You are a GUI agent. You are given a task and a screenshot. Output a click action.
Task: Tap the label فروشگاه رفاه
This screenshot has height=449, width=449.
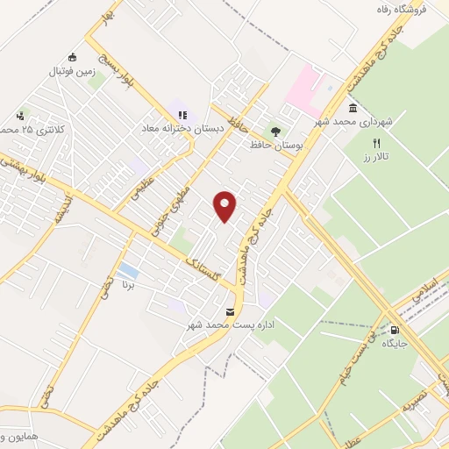[393, 10]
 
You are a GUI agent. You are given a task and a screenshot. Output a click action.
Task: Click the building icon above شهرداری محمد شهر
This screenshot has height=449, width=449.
[352, 109]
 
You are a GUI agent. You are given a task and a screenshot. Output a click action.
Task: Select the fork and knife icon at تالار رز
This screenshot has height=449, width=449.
[378, 142]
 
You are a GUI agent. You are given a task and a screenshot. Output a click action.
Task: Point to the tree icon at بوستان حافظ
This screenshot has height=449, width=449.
[277, 131]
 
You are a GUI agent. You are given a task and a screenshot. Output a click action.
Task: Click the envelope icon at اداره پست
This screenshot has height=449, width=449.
[230, 312]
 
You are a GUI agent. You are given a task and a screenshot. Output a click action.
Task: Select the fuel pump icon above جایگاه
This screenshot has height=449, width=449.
[394, 331]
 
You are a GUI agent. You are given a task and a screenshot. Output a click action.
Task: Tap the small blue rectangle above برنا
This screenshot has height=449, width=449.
[128, 268]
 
